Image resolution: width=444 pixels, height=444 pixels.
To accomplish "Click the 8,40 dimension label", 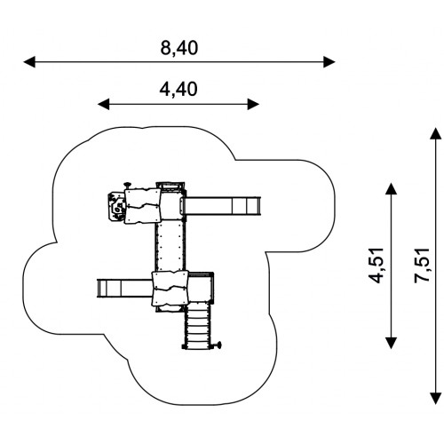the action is pos(178,48).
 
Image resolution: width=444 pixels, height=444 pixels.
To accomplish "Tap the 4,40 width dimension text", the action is pos(178,90).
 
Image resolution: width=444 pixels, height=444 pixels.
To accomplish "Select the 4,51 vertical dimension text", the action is pos(376,266).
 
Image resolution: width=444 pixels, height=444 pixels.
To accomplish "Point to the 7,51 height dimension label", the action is pos(422,266).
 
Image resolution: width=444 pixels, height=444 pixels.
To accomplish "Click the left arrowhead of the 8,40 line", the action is pos(29,62).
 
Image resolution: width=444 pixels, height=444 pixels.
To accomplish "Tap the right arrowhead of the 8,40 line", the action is pos(329,62).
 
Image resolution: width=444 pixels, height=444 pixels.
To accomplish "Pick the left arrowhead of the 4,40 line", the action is pos(103,104).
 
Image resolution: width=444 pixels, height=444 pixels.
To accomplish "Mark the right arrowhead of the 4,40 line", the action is pos(253,104).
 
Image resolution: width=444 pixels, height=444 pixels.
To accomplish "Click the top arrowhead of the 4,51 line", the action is pos(392,188).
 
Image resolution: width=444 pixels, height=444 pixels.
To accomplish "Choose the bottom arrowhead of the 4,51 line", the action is pos(392,343).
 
